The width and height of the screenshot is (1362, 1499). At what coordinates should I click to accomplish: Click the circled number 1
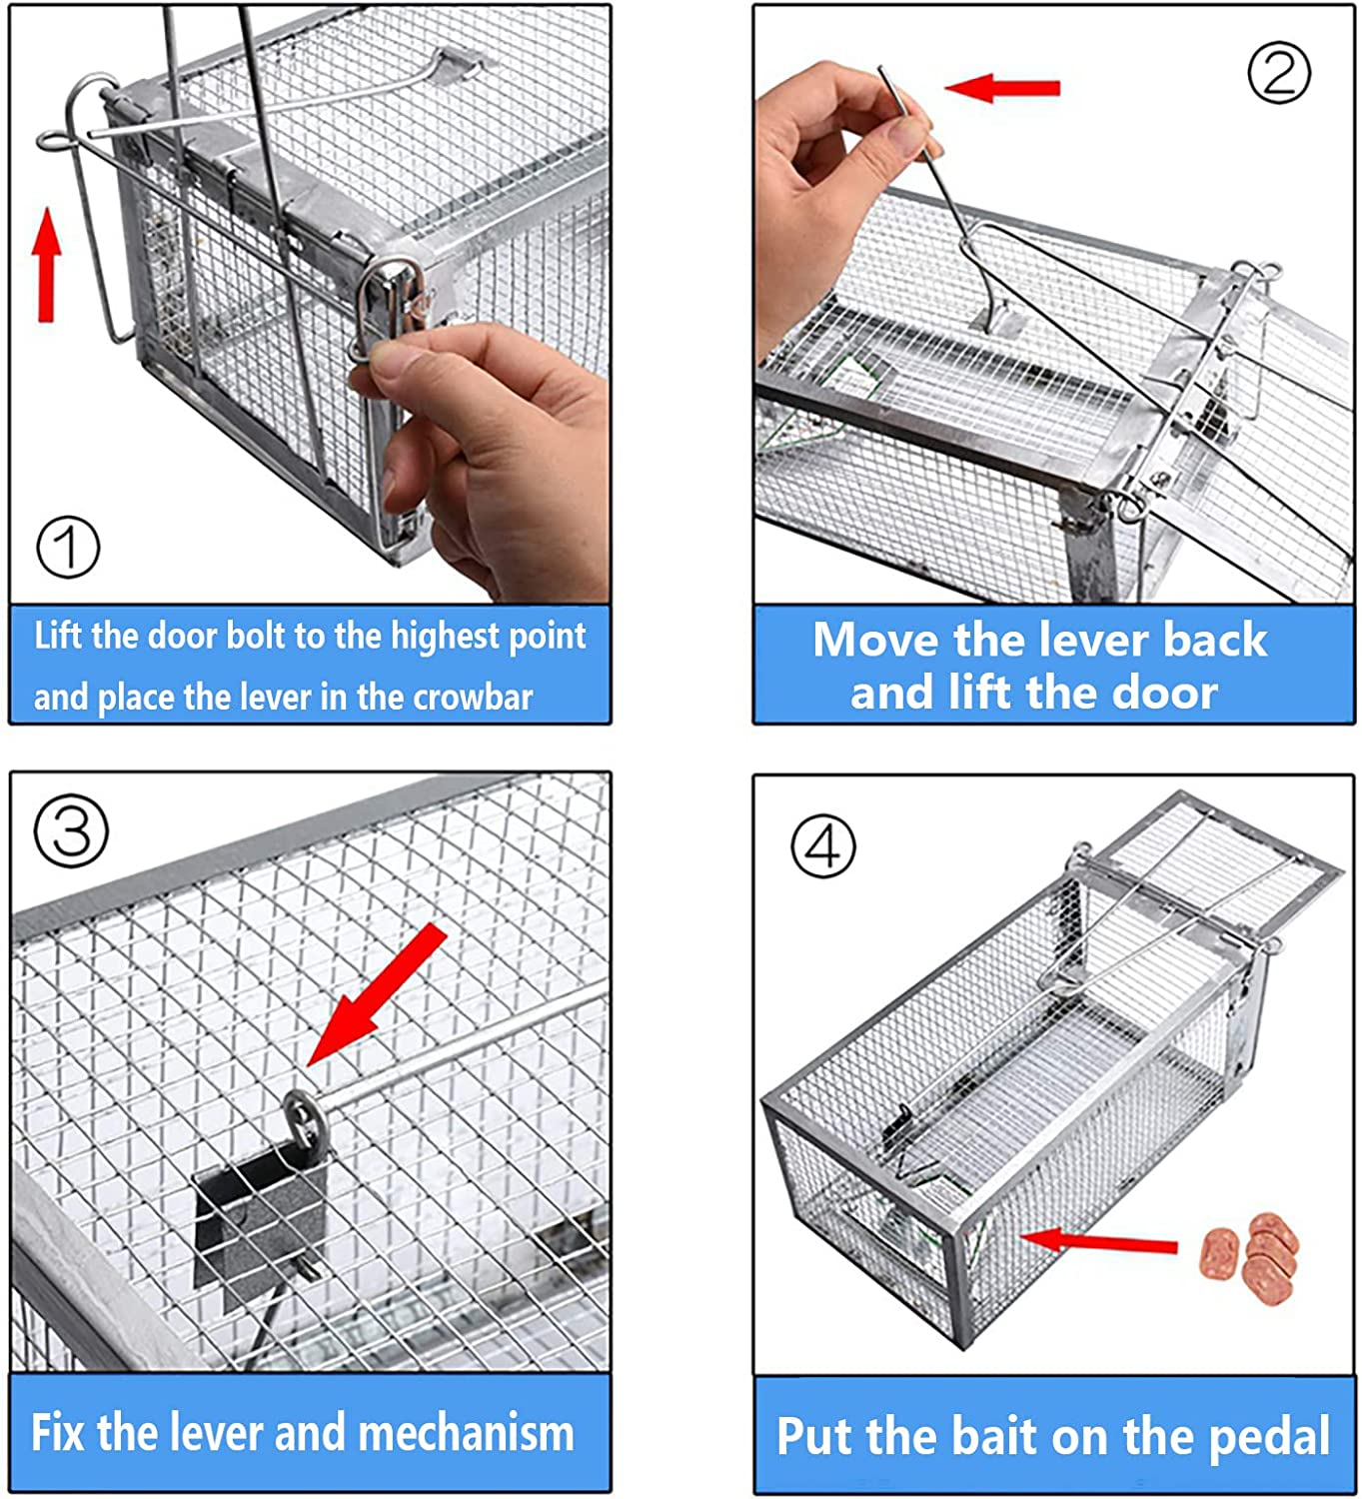[x=68, y=547]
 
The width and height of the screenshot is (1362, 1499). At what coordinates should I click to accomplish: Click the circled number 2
[x=1278, y=72]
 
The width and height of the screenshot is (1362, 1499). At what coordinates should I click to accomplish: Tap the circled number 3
[x=71, y=831]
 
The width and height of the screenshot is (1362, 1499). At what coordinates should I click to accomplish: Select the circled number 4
[x=822, y=846]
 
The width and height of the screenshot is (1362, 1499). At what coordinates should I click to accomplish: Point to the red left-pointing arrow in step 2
[x=1001, y=88]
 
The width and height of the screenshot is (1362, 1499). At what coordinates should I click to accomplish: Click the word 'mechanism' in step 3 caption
[x=466, y=1433]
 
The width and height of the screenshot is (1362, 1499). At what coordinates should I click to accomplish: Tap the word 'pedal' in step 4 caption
[x=1268, y=1437]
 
